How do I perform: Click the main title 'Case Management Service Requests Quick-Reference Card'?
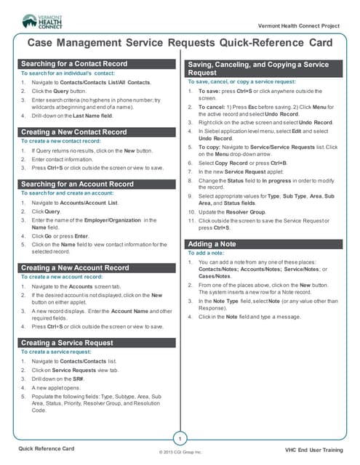[180, 43]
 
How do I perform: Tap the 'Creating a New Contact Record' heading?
[73, 132]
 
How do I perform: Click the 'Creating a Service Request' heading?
[67, 342]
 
